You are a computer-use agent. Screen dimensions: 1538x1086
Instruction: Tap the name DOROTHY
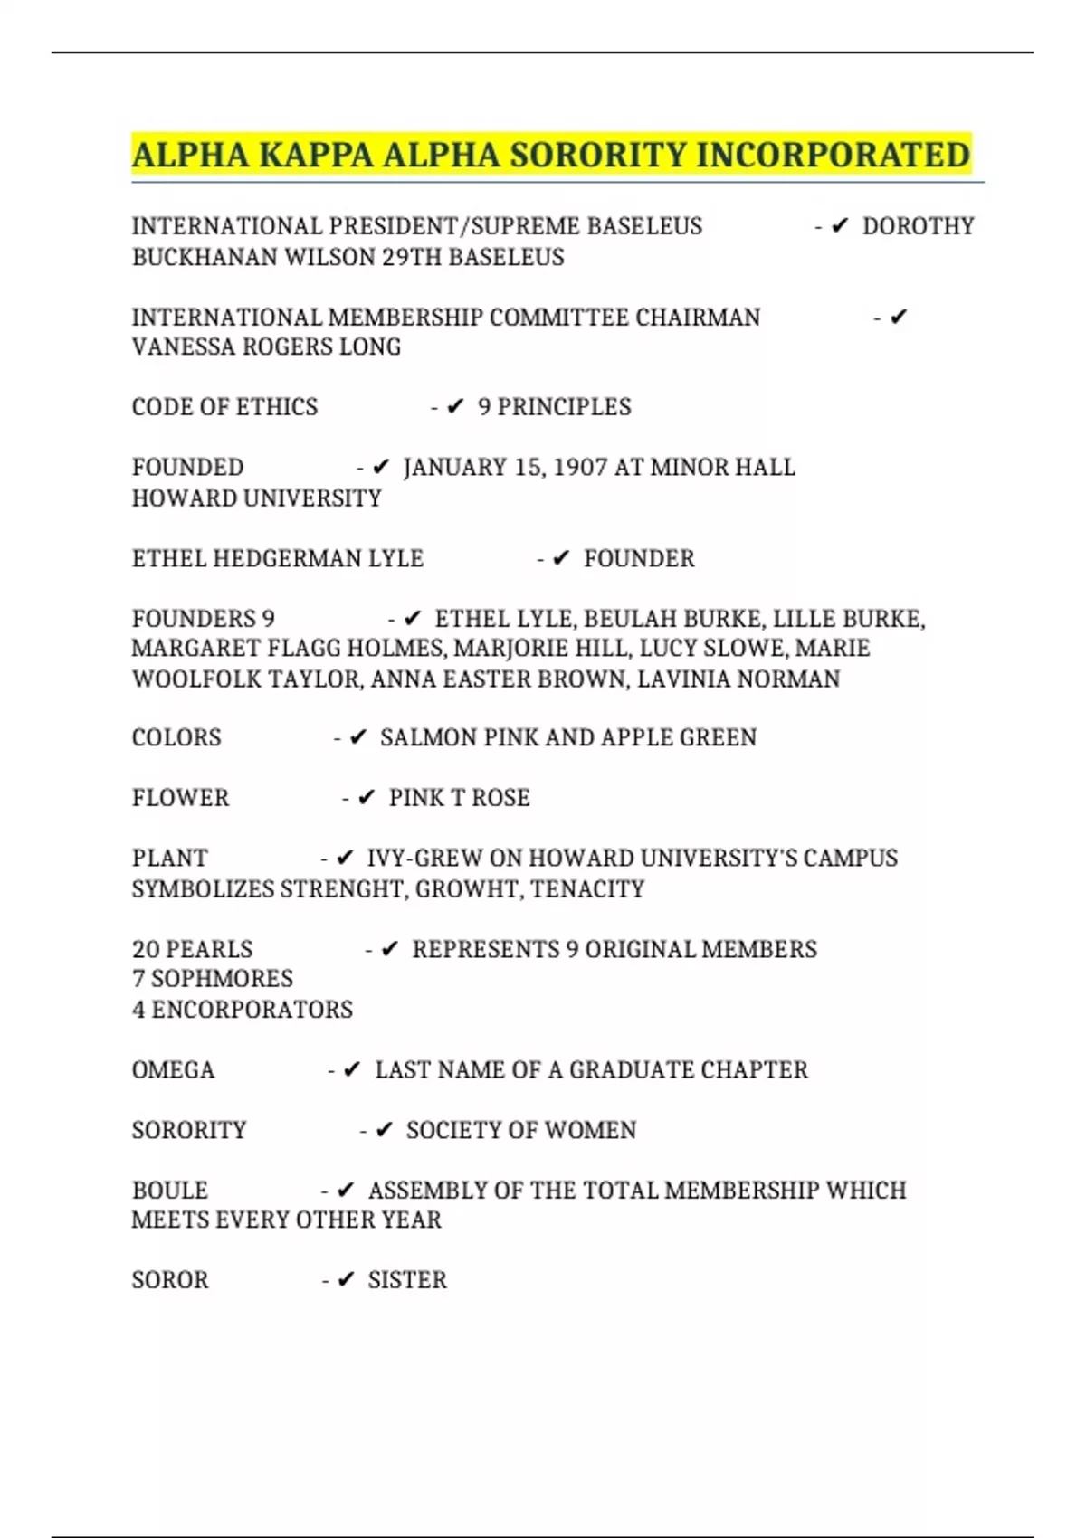point(918,226)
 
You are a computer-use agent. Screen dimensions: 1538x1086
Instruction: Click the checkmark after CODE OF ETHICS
point(455,407)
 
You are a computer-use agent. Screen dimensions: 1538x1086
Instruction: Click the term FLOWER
point(180,798)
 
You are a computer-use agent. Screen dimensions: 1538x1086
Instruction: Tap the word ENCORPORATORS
point(252,1010)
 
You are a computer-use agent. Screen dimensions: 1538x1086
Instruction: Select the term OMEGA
point(173,1070)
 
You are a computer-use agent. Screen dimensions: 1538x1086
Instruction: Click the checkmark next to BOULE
point(345,1191)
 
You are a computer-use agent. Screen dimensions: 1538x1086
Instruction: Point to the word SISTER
point(407,1280)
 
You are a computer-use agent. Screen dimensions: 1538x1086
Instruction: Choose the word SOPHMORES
point(222,979)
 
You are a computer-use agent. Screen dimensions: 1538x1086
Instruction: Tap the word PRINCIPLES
point(564,407)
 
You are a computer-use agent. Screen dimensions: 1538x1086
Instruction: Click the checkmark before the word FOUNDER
point(561,559)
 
